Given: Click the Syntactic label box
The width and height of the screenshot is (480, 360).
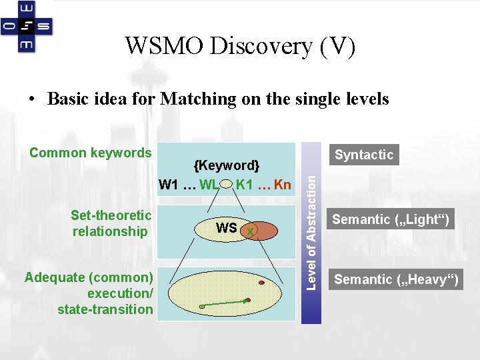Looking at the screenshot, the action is [364, 155].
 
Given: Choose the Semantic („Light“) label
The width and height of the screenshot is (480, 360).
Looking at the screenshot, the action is [391, 219].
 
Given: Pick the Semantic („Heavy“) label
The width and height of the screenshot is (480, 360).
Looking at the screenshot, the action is [396, 279].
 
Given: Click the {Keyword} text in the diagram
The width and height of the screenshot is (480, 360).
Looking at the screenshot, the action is [226, 165].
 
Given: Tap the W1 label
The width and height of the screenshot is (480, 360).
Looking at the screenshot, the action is [169, 185].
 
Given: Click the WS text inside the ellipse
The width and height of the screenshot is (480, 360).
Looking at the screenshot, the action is [227, 228].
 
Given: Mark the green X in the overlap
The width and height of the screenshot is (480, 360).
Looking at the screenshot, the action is [249, 231].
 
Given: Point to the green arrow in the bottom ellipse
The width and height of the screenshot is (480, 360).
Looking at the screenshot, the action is [225, 303].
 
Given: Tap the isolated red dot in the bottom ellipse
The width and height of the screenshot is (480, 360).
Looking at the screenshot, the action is [261, 283].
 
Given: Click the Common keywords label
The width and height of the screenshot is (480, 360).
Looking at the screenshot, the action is [91, 153].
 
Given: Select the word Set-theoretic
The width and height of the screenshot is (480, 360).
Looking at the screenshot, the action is [111, 215].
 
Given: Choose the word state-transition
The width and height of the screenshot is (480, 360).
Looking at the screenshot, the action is [105, 309].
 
